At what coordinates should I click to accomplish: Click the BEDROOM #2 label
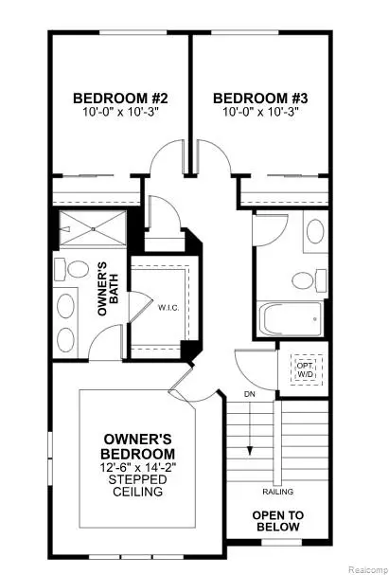[120, 99]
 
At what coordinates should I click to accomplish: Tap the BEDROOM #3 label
[260, 99]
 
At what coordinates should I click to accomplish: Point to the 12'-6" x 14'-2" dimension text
[138, 467]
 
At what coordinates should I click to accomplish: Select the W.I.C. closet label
[168, 308]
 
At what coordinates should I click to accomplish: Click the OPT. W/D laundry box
[307, 369]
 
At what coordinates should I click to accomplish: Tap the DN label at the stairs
[250, 395]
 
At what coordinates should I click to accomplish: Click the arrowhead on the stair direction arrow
[250, 451]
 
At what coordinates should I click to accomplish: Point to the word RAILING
[278, 492]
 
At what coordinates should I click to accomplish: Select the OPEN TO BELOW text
[278, 521]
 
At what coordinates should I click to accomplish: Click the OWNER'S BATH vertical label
[109, 288]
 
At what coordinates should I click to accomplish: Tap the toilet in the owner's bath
[72, 269]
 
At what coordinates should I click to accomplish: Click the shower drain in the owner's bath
[94, 229]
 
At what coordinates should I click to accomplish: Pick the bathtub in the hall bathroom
[291, 319]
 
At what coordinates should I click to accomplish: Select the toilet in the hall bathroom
[309, 280]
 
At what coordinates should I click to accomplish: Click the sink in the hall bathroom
[315, 231]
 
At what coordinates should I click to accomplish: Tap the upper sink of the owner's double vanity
[66, 306]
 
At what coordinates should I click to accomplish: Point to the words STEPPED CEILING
[138, 485]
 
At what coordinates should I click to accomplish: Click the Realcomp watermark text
[367, 569]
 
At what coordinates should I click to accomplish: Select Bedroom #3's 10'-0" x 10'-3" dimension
[260, 112]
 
